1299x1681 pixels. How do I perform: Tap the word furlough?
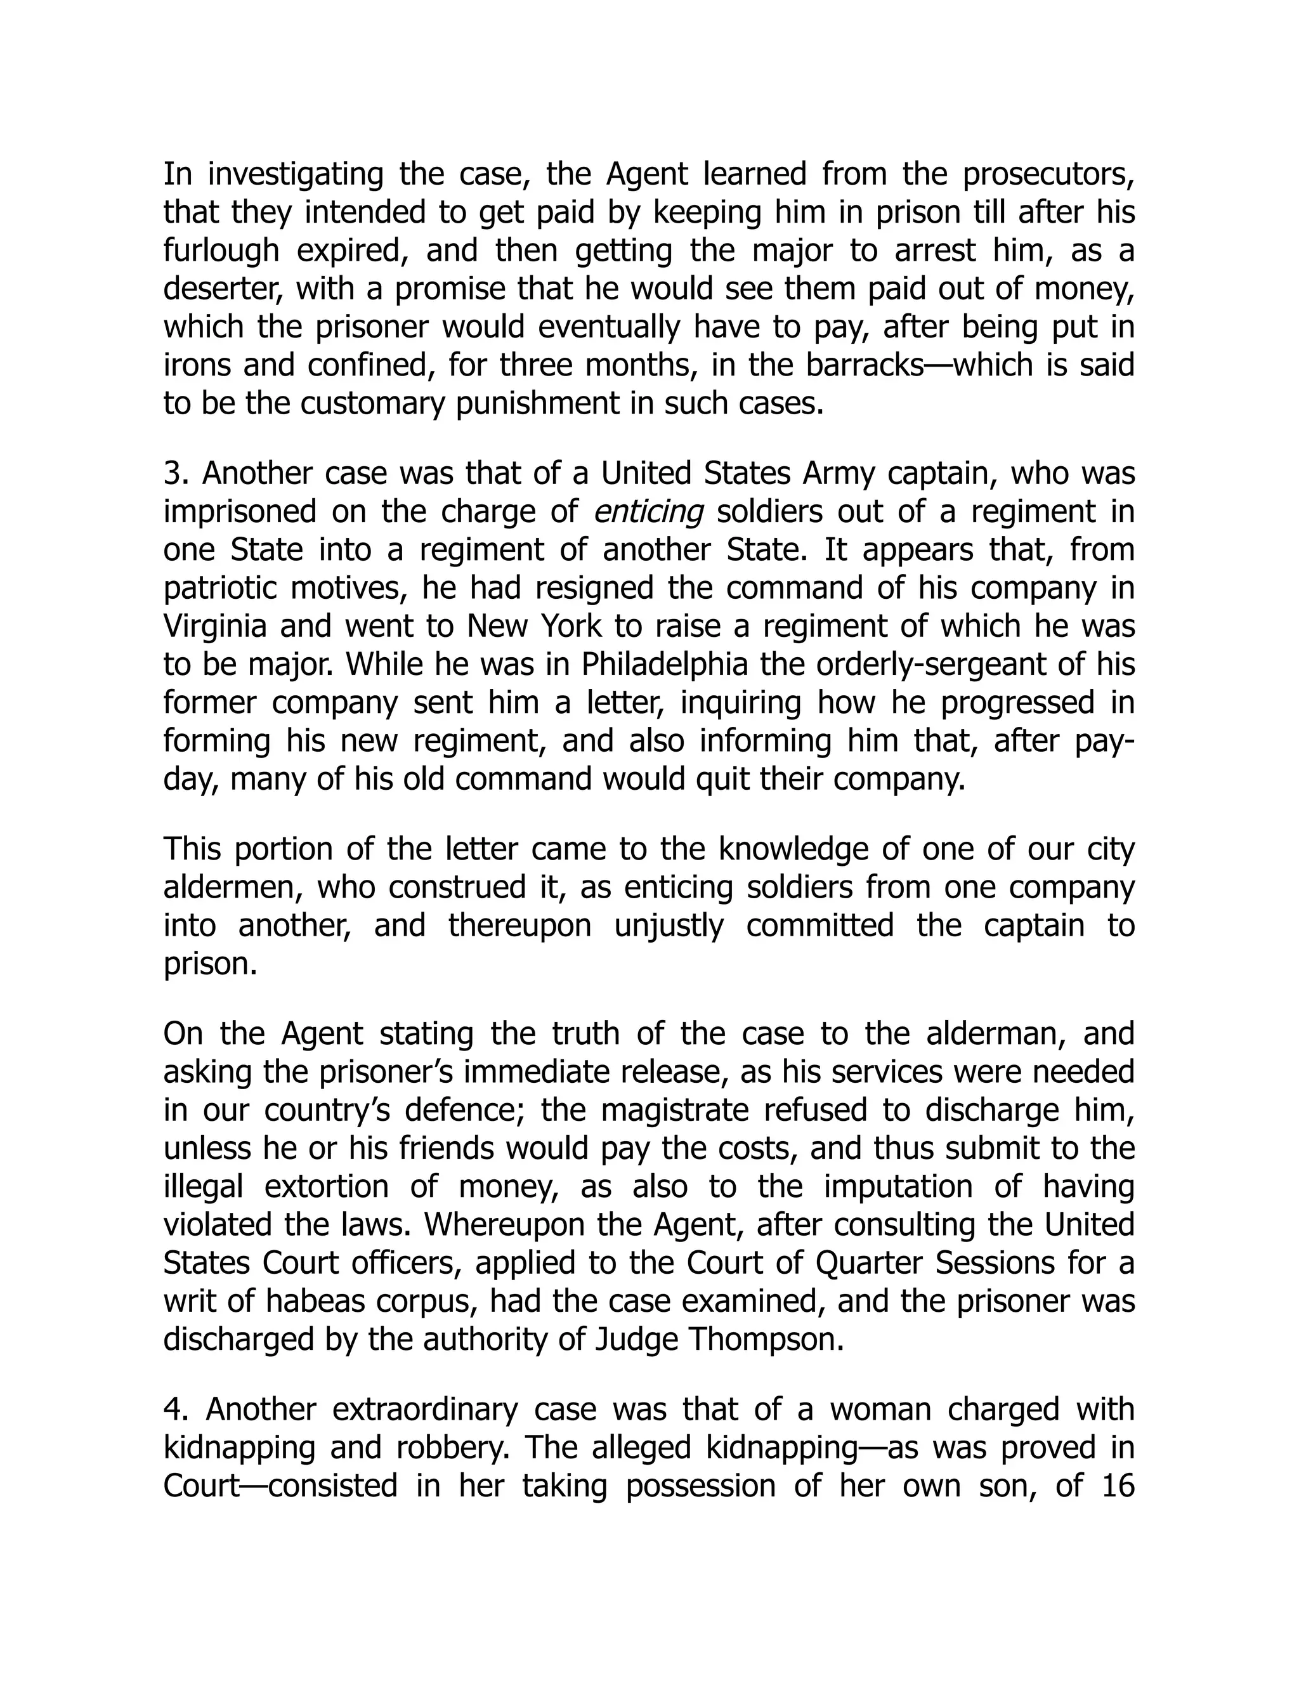(221, 251)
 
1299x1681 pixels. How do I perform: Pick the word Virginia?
(215, 627)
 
